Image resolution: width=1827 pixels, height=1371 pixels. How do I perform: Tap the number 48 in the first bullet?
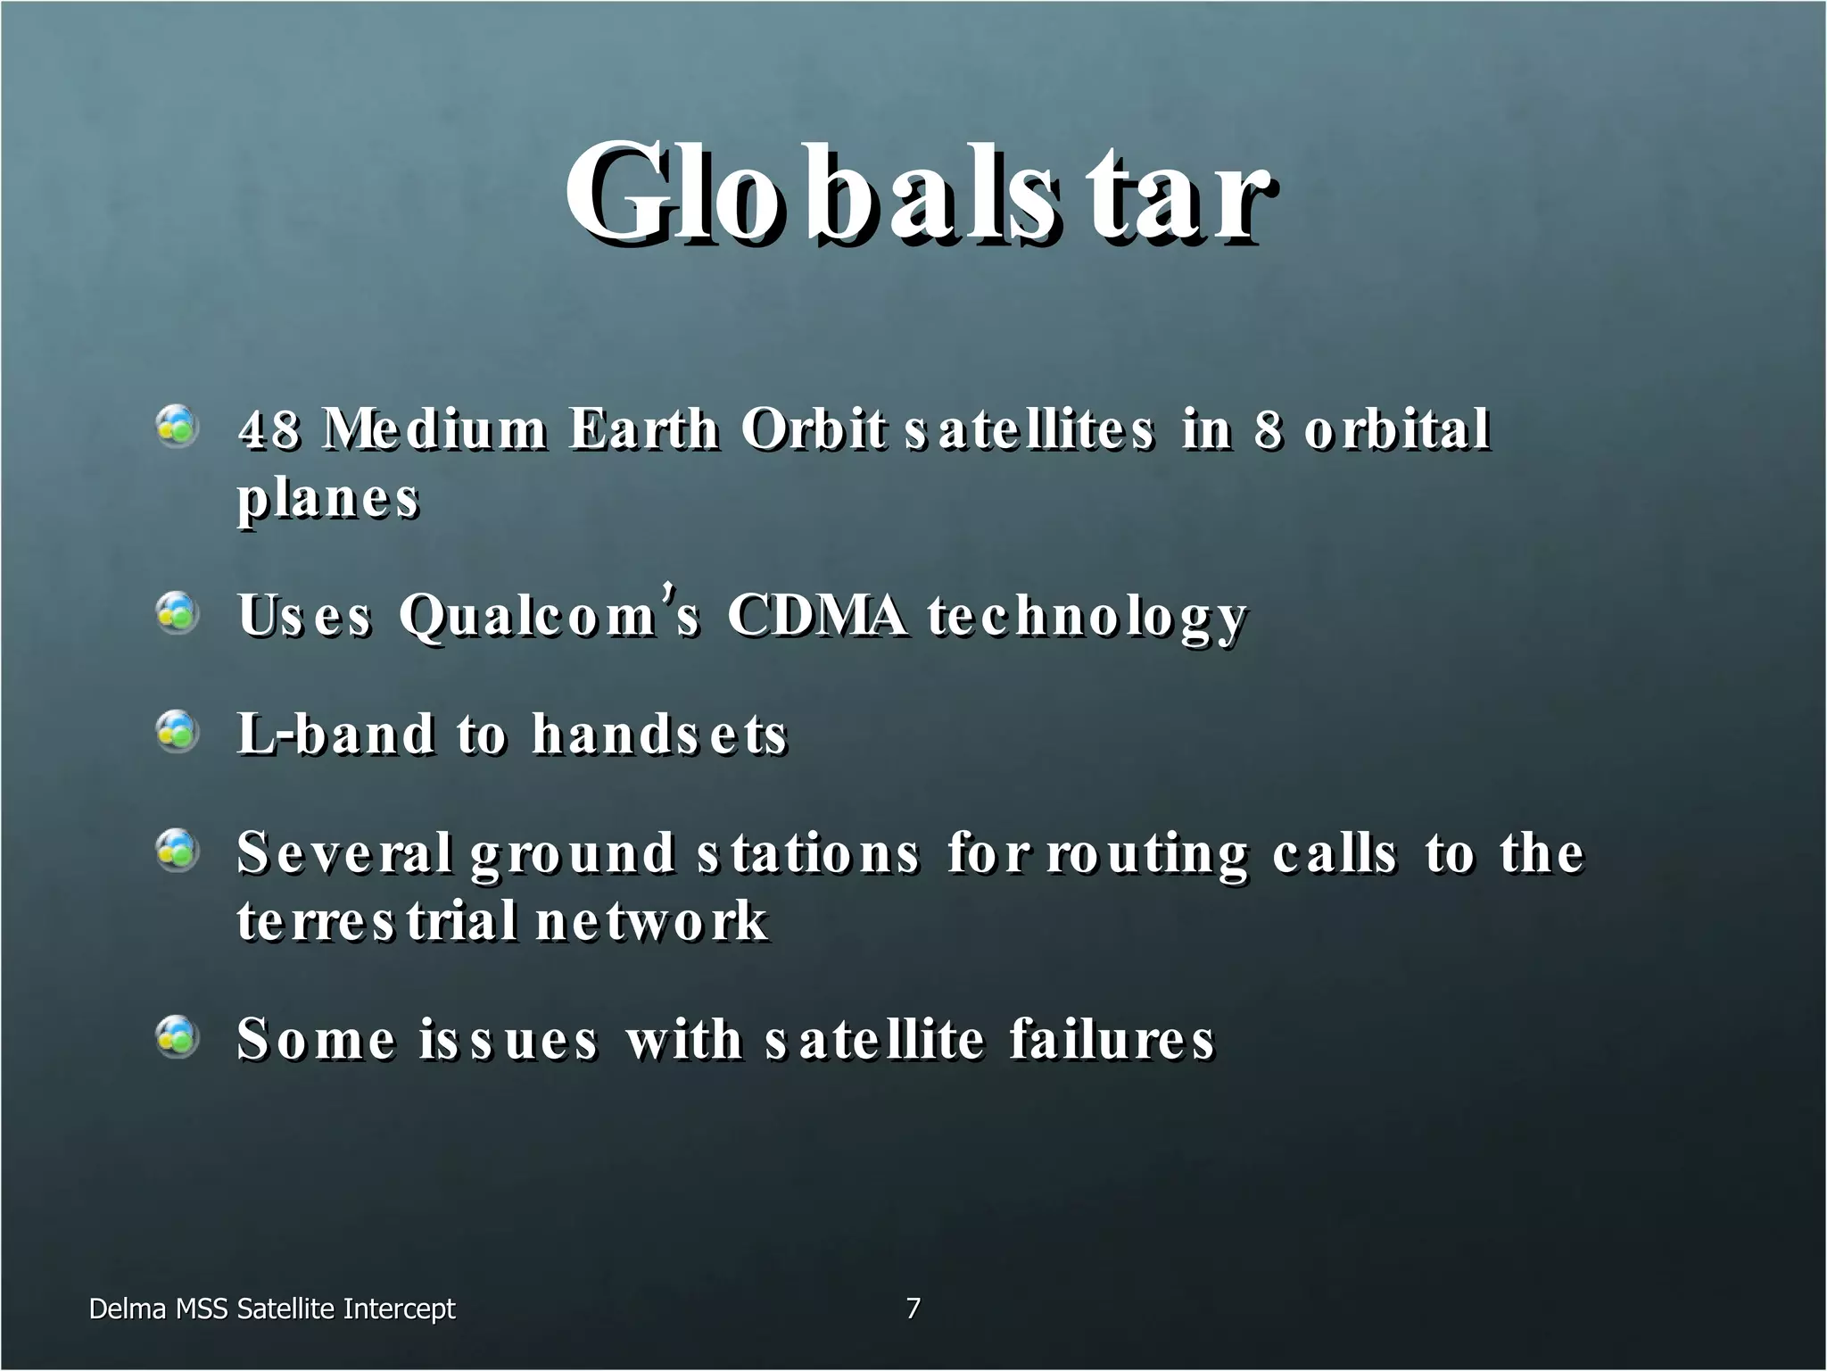[x=268, y=429]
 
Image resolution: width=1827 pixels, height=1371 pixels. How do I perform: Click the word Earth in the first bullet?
[x=643, y=429]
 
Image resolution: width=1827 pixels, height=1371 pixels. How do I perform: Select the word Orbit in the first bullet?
[x=813, y=429]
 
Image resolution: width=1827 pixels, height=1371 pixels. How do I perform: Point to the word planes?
[x=327, y=500]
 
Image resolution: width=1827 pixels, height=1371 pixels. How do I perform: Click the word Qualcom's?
[x=549, y=616]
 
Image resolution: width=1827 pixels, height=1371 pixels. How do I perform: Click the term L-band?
[x=335, y=734]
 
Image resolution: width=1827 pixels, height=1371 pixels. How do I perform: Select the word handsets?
[x=659, y=734]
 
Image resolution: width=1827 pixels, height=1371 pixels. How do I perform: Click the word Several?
[x=343, y=852]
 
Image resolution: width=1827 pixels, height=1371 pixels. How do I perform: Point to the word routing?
[x=1147, y=854]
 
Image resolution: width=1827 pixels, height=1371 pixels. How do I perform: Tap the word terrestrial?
[x=377, y=921]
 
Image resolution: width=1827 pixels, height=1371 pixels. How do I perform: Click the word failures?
[x=1112, y=1040]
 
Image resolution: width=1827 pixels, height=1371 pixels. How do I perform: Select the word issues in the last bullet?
[x=508, y=1040]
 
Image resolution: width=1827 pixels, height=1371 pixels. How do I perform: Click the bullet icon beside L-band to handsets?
[x=177, y=732]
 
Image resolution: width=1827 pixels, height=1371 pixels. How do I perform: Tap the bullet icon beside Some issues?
[x=177, y=1037]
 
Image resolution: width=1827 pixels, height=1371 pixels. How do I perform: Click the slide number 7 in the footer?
[x=913, y=1309]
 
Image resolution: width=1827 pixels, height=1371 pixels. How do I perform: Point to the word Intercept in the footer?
[x=399, y=1309]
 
